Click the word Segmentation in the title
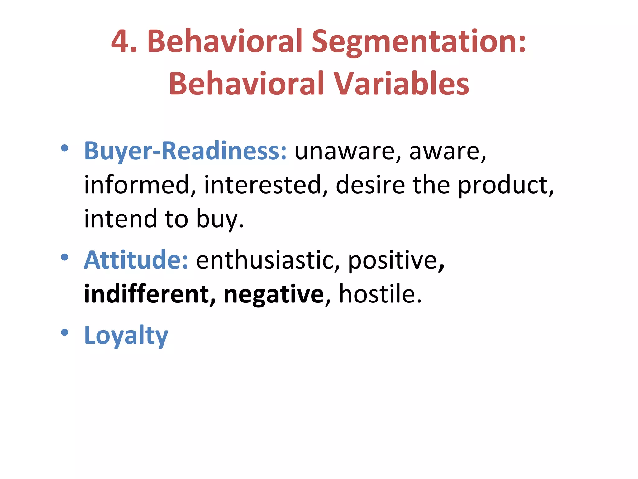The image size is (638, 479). (x=418, y=42)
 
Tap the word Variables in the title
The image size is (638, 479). (x=401, y=84)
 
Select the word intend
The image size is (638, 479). (x=120, y=219)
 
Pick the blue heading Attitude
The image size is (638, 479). (x=136, y=260)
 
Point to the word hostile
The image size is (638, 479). (x=380, y=294)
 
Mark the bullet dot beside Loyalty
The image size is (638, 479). (x=64, y=332)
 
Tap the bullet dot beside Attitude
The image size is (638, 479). (x=64, y=258)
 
